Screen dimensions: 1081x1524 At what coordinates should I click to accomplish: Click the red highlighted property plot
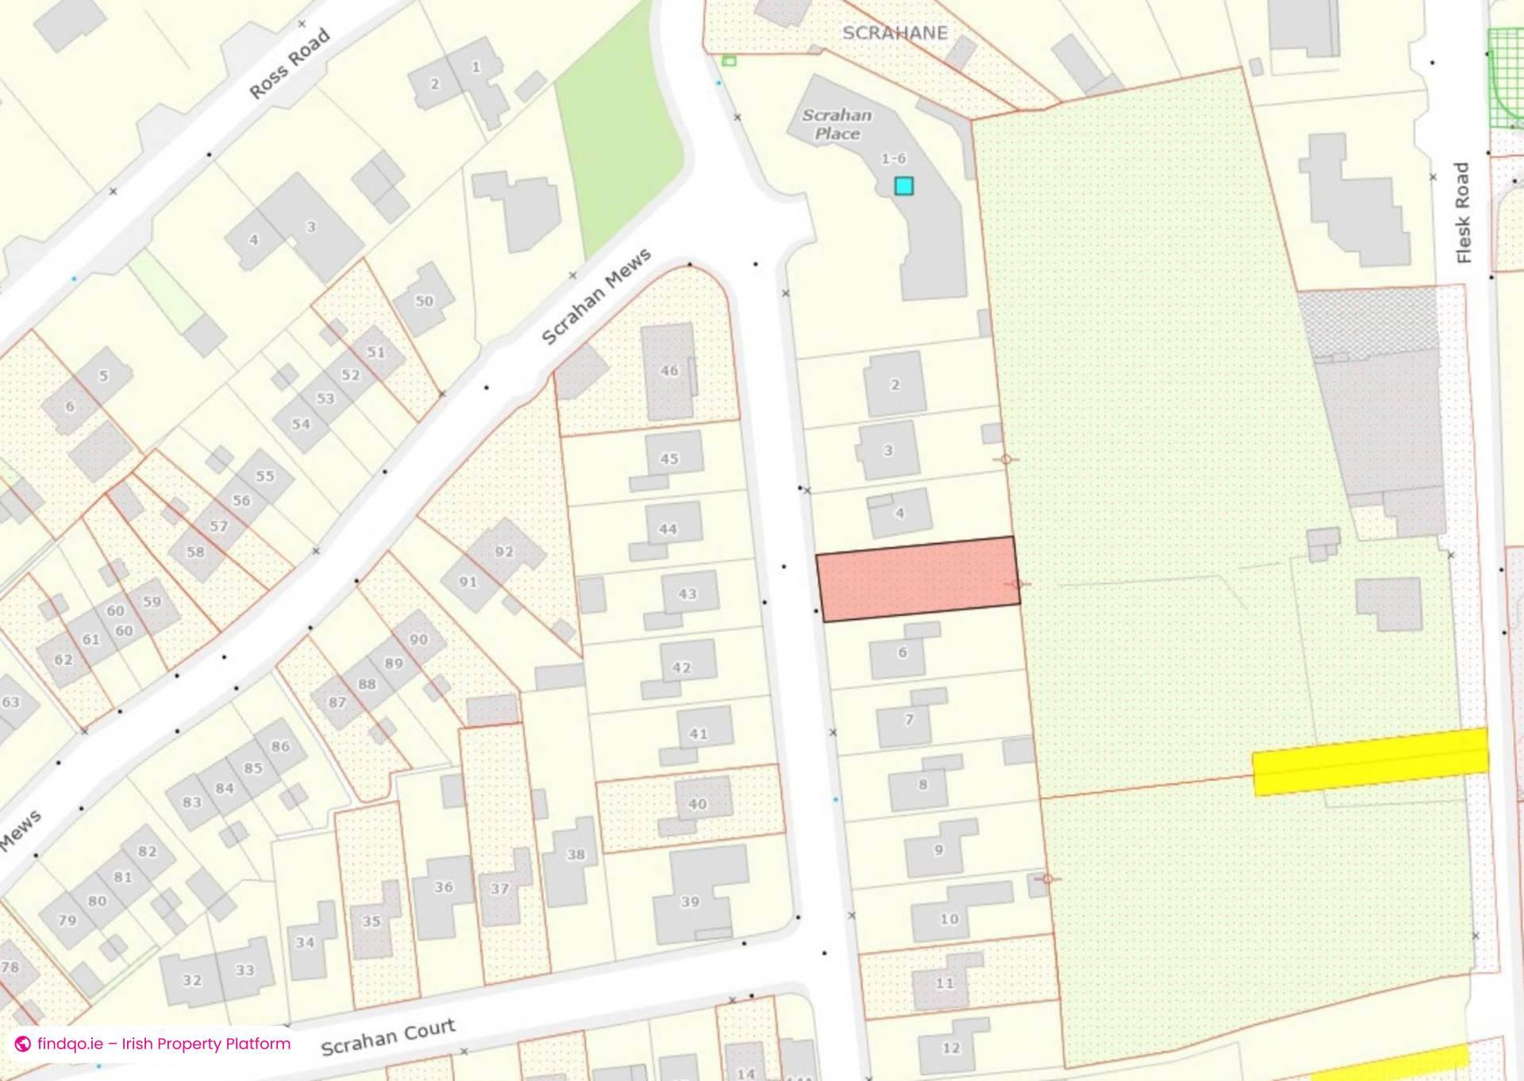click(918, 579)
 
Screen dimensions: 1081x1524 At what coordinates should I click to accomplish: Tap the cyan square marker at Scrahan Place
click(903, 186)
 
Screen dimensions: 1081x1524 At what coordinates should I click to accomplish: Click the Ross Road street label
click(289, 64)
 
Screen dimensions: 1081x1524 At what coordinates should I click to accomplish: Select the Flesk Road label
click(1463, 213)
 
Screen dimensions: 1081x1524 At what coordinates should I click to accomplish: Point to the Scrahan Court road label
click(388, 1037)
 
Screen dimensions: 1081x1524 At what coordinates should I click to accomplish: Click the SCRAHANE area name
click(895, 33)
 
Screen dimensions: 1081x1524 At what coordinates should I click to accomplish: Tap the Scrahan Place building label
click(837, 125)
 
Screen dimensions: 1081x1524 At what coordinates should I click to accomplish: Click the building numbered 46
click(669, 371)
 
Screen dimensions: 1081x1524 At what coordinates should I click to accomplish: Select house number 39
click(691, 901)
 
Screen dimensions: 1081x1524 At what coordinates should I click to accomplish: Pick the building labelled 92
click(504, 552)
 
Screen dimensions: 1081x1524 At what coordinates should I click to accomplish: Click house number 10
click(949, 919)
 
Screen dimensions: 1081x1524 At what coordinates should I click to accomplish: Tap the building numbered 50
click(425, 302)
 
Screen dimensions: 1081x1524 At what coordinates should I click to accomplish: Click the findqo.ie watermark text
click(163, 1044)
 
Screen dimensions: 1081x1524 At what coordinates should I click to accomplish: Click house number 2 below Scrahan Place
click(895, 385)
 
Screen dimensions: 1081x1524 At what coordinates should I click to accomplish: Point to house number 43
click(687, 594)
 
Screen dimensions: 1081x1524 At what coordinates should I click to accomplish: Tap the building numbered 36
click(444, 887)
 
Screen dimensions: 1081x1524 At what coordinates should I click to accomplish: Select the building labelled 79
click(67, 921)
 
